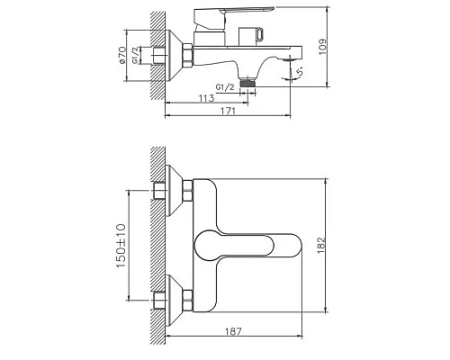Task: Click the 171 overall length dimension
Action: pos(229,111)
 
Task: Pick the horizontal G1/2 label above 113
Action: pos(227,86)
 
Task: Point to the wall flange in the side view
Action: pos(173,58)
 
